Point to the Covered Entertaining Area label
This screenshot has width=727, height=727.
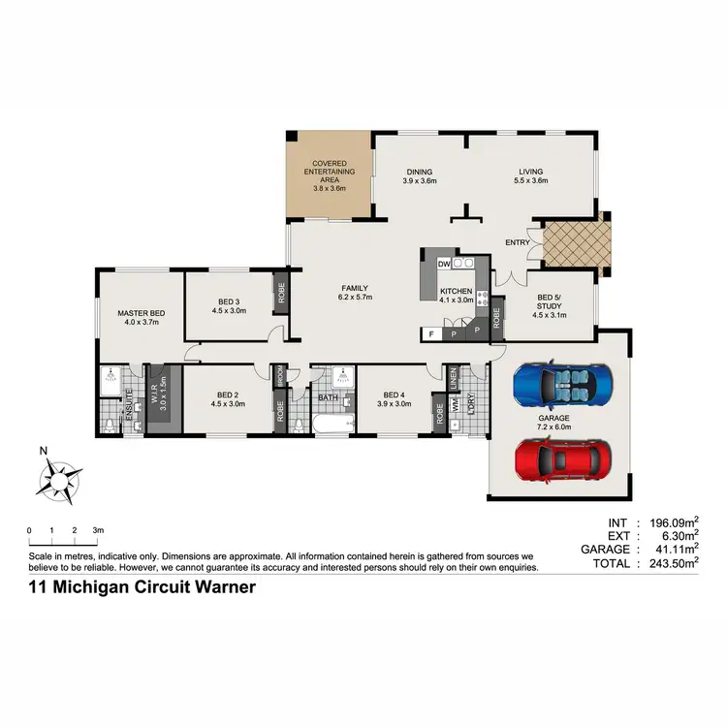[x=330, y=176]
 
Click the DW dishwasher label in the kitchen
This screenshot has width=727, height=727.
[x=442, y=264]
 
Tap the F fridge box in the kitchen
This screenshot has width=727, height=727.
[x=430, y=334]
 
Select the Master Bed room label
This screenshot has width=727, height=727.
[x=141, y=313]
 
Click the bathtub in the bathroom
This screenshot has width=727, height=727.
[x=334, y=423]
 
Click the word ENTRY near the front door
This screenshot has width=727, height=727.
[x=518, y=243]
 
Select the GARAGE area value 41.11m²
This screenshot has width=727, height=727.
[x=675, y=549]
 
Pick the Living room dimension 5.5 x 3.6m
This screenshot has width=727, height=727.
[x=531, y=181]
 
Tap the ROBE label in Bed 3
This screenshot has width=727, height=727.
[x=282, y=293]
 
